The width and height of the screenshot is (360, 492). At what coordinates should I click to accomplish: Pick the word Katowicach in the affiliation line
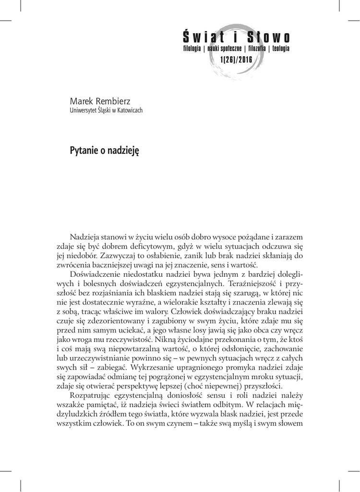(130, 110)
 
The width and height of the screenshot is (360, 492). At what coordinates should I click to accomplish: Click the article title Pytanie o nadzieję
(104, 150)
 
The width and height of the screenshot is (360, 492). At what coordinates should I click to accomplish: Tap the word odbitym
(233, 402)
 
